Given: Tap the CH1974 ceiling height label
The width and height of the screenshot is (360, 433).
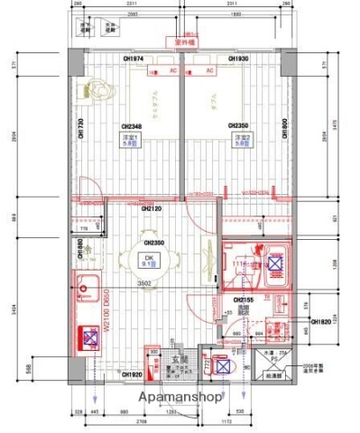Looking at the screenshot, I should point(133,60).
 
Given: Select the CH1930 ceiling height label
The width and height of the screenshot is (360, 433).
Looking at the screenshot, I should point(238,60).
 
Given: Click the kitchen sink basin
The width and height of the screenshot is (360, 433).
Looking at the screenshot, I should point(87,290).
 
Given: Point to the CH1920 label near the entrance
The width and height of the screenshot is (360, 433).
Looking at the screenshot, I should point(133,374).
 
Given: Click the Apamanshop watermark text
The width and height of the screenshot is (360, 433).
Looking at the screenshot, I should point(180,395).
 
